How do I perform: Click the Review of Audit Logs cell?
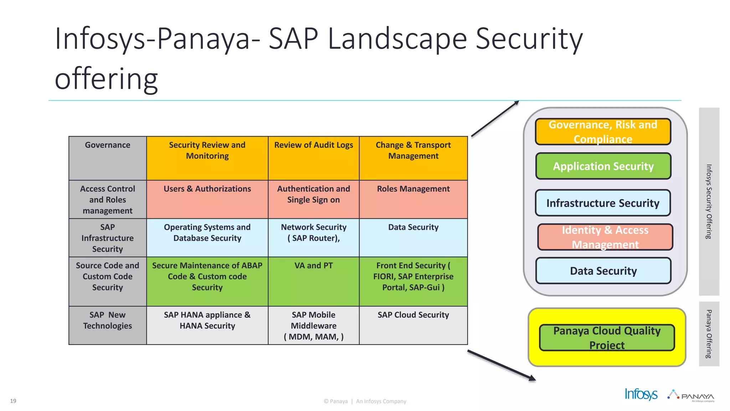click(x=313, y=158)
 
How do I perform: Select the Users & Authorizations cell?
click(x=207, y=199)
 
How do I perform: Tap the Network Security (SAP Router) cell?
click(x=313, y=237)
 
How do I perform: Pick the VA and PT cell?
click(x=313, y=281)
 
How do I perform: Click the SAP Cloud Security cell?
click(x=413, y=325)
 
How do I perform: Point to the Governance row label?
click(x=108, y=158)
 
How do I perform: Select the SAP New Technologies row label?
click(x=108, y=325)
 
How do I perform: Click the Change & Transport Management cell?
click(x=413, y=158)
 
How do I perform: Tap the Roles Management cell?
click(x=413, y=199)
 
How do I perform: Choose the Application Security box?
click(x=603, y=166)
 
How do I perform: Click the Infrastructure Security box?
click(x=603, y=203)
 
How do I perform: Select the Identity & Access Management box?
click(x=605, y=237)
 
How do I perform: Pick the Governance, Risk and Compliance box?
click(x=603, y=132)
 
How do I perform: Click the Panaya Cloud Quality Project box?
click(x=607, y=338)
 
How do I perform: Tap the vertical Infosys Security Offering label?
click(x=709, y=202)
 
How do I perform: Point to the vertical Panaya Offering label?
click(x=709, y=334)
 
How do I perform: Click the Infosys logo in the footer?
click(x=641, y=394)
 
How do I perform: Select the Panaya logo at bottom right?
click(x=692, y=395)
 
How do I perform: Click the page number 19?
click(x=13, y=401)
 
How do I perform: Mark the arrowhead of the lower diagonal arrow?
click(x=532, y=378)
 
